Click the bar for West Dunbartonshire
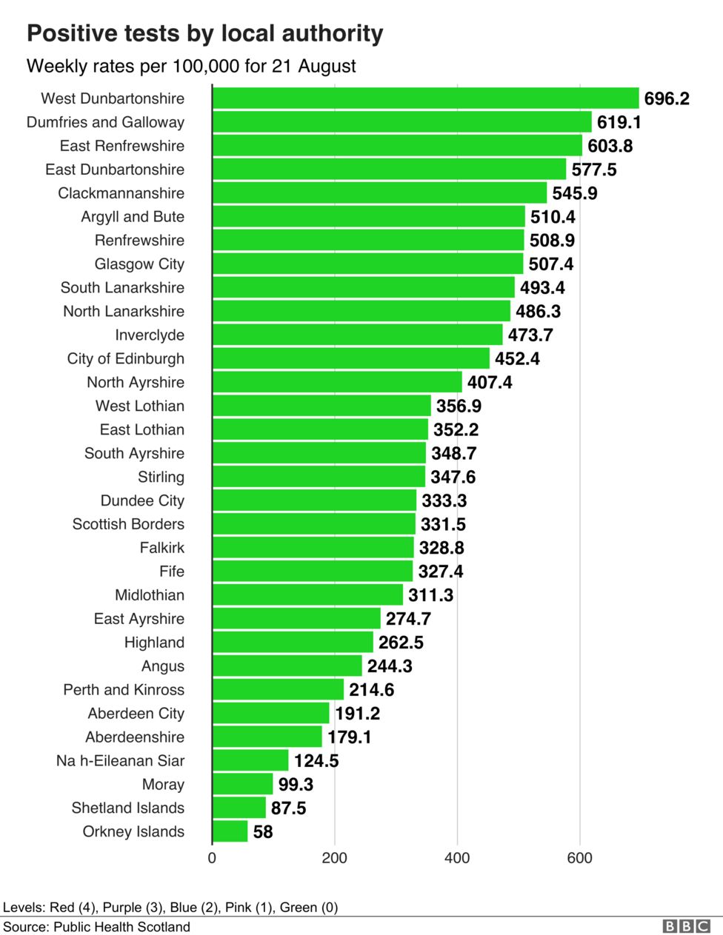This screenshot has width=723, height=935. click(x=425, y=98)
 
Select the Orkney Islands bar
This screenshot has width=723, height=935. click(x=230, y=831)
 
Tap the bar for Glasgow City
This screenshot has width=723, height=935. click(x=367, y=264)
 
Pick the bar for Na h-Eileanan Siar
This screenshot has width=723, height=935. click(x=250, y=760)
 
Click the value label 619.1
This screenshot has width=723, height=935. click(x=619, y=122)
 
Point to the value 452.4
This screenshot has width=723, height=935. click(x=517, y=359)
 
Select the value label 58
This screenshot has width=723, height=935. click(x=263, y=832)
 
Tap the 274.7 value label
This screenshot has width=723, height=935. click(x=408, y=619)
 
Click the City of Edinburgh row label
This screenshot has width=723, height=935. click(x=125, y=359)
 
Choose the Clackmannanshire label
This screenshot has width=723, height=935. click(x=121, y=193)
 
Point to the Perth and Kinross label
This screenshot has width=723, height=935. click(x=124, y=690)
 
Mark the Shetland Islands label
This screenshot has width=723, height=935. click(x=127, y=808)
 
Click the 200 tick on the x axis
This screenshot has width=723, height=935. click(x=334, y=858)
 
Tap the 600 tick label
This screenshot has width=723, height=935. click(x=579, y=858)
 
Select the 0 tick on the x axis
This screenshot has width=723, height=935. click(x=212, y=858)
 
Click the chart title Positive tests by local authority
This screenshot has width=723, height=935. click(x=205, y=33)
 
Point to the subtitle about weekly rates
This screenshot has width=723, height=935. click(x=191, y=66)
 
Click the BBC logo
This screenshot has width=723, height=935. click(x=686, y=927)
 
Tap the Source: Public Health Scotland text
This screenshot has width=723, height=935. click(x=96, y=927)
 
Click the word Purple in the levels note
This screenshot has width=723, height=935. click(x=123, y=907)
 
